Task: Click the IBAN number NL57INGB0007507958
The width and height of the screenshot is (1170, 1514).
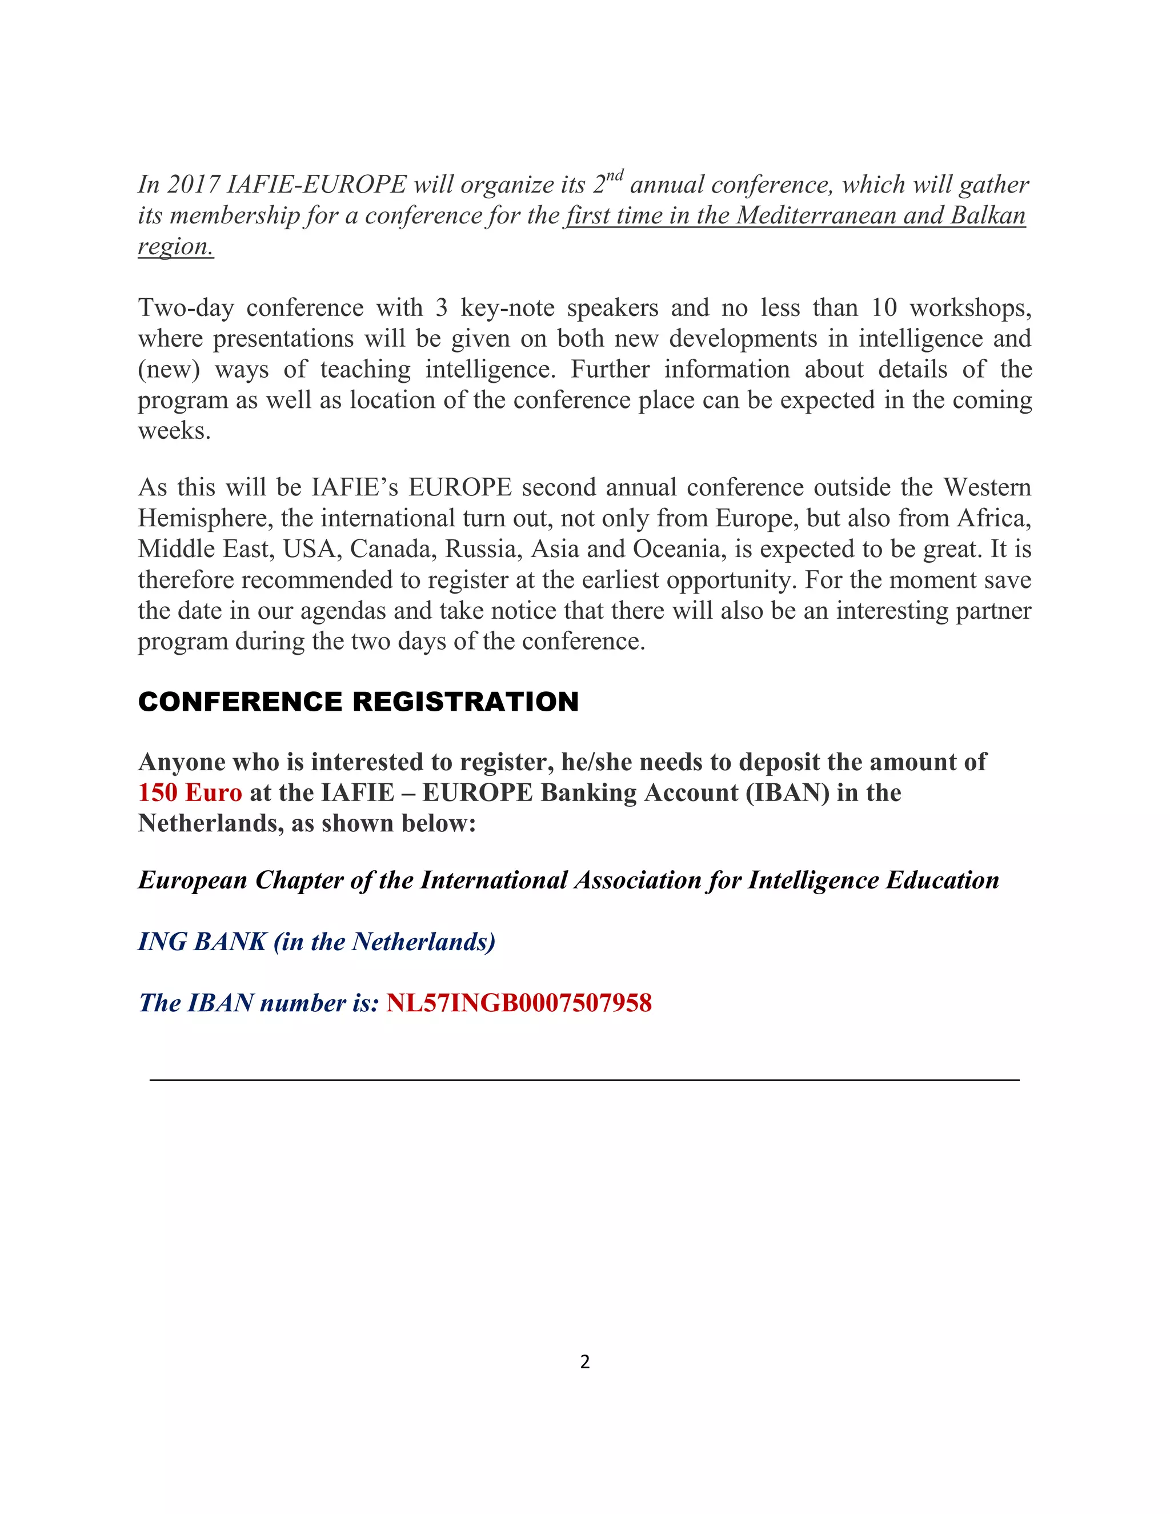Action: [519, 1003]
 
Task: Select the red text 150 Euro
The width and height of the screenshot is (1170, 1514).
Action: [190, 792]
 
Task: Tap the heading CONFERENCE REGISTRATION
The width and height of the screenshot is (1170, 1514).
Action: [358, 702]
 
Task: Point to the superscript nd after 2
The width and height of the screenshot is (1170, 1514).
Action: [615, 175]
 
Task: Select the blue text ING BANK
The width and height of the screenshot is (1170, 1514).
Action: [202, 942]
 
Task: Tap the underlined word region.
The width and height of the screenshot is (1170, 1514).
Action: [175, 247]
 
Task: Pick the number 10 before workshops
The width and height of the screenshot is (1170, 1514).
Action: [884, 308]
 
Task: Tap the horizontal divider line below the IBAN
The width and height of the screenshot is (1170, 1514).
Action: [584, 1080]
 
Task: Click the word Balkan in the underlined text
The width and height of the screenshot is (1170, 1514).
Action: [988, 215]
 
